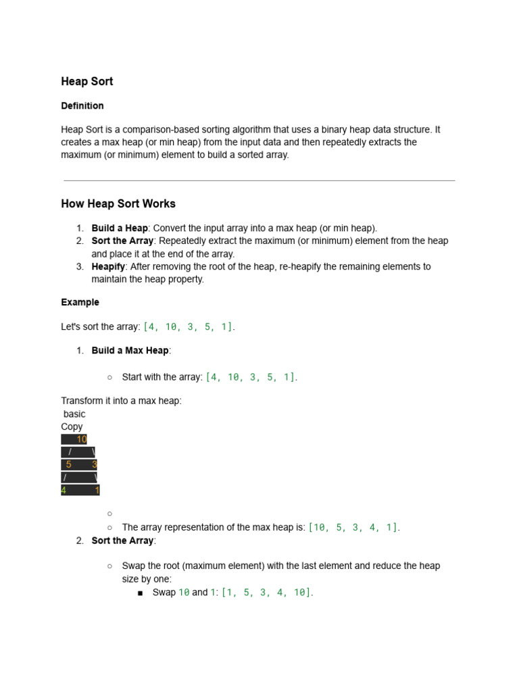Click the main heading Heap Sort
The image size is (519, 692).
click(87, 82)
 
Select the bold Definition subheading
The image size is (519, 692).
click(82, 106)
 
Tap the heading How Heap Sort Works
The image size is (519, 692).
click(118, 204)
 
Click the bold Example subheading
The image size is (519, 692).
click(80, 303)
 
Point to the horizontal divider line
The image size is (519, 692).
click(259, 181)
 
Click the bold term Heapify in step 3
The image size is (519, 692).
click(108, 267)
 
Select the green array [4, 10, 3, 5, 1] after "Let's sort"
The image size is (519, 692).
click(189, 327)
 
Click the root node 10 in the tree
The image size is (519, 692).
click(82, 439)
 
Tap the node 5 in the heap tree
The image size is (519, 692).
click(69, 465)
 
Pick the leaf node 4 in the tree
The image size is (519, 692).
click(64, 491)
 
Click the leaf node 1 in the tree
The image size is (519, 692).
click(97, 491)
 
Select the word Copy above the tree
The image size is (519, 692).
click(72, 427)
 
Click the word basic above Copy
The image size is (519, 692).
click(74, 414)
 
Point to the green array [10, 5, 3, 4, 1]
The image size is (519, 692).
click(353, 528)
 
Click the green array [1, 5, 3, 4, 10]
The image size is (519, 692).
click(266, 593)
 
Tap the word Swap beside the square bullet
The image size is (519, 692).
click(164, 593)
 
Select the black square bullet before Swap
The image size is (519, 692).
click(140, 593)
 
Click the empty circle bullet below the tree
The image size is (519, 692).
click(109, 514)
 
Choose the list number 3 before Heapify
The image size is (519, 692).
click(80, 267)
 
